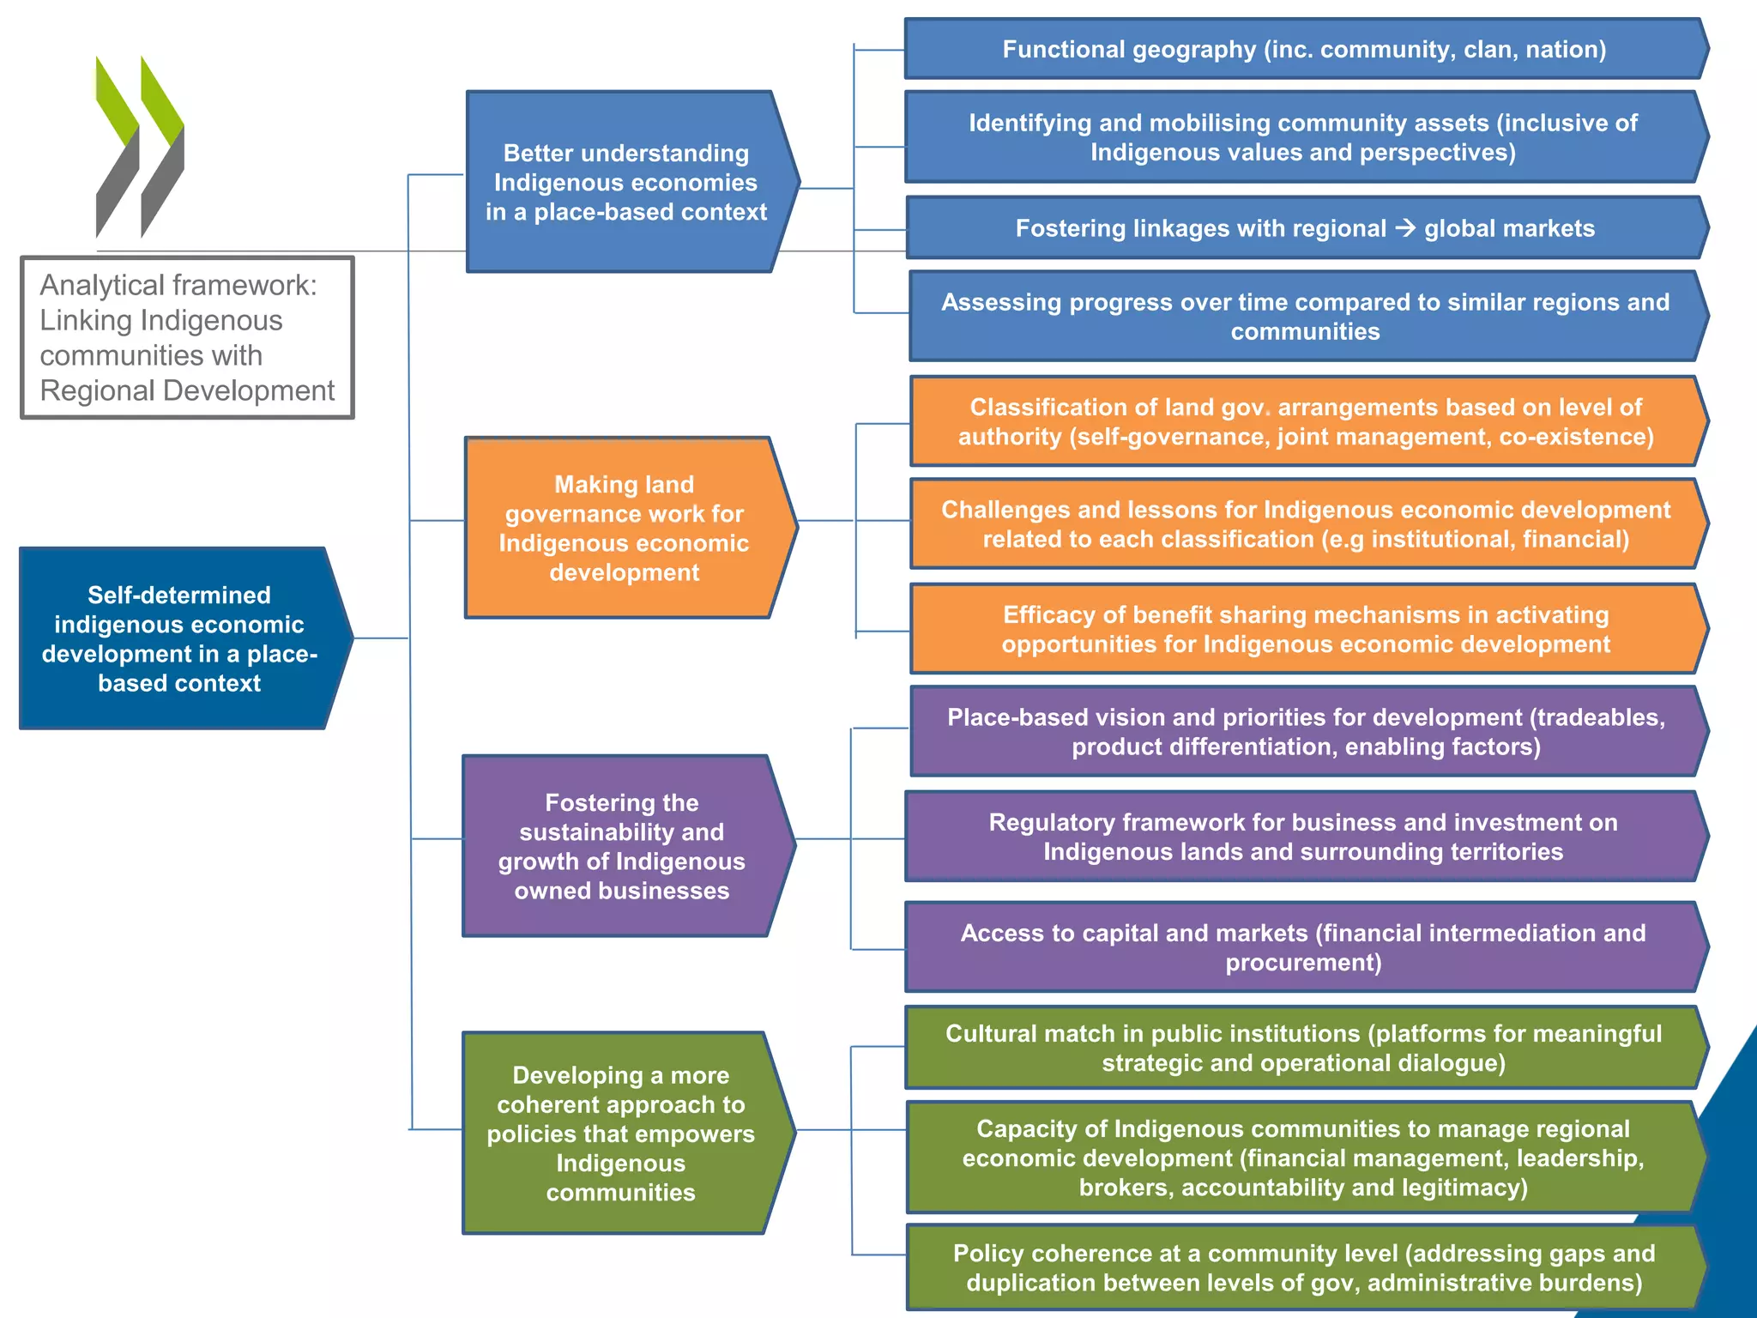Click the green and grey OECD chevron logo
coord(140,147)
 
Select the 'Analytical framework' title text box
coord(187,337)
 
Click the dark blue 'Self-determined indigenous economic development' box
coord(178,638)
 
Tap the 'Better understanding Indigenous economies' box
coord(625,182)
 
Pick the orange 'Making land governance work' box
coord(624,528)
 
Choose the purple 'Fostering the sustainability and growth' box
coord(621,846)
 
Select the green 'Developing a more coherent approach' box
coord(620,1133)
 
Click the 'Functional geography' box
coord(1303,49)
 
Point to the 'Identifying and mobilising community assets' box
coord(1303,137)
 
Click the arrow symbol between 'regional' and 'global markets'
coord(1405,227)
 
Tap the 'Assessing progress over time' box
coord(1305,316)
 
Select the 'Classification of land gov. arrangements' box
coord(1305,421)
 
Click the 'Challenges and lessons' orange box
coord(1305,523)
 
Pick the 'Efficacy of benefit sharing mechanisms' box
coord(1305,629)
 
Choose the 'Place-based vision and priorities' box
coord(1305,731)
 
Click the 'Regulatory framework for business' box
coord(1303,837)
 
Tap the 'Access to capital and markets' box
coord(1303,946)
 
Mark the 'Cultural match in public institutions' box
coord(1303,1048)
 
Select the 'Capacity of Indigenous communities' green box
coord(1303,1157)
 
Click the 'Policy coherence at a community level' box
coord(1303,1267)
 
